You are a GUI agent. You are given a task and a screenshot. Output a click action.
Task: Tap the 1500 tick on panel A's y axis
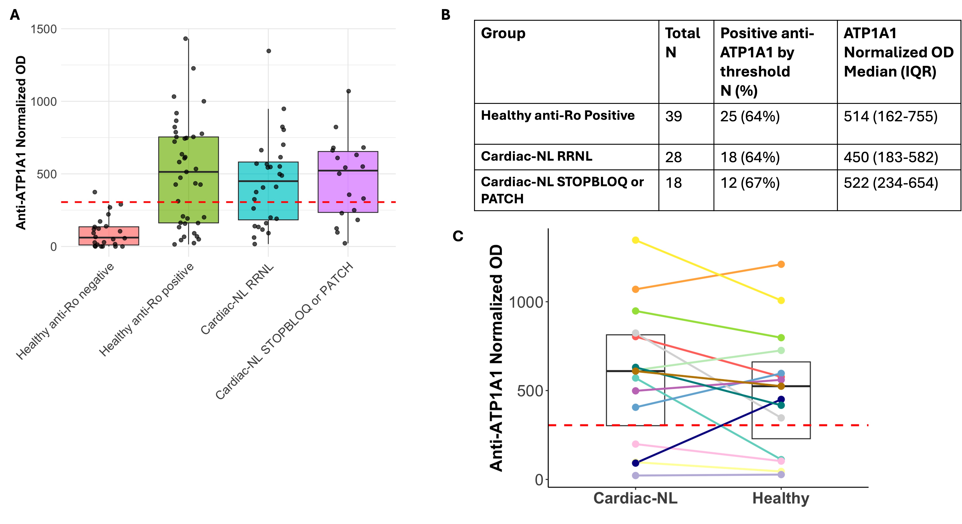click(44, 29)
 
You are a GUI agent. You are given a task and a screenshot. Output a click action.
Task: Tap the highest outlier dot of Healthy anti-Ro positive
click(186, 39)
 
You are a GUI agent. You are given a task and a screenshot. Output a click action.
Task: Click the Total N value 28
click(673, 157)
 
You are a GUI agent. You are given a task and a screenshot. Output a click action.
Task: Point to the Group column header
click(503, 33)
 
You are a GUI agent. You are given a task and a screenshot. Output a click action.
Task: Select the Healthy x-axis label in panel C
click(781, 498)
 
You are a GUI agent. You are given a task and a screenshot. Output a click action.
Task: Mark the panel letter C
click(458, 236)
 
